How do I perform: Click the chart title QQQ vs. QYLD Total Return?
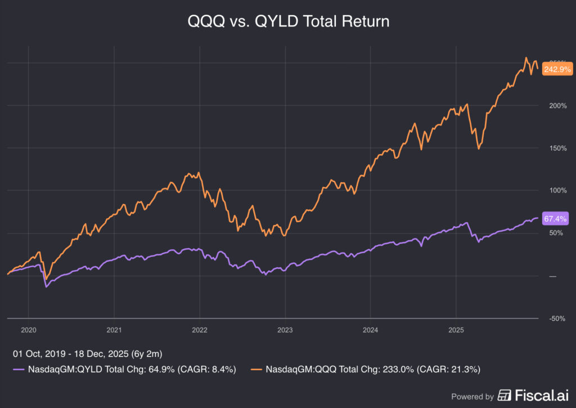(288, 21)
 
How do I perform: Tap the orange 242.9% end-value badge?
(557, 69)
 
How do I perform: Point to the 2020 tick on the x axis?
(28, 330)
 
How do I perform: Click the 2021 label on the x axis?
(114, 330)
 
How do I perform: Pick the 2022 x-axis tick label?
(200, 330)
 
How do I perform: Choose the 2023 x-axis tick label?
(285, 330)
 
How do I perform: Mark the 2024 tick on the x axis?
(371, 330)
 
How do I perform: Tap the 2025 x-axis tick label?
(456, 330)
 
